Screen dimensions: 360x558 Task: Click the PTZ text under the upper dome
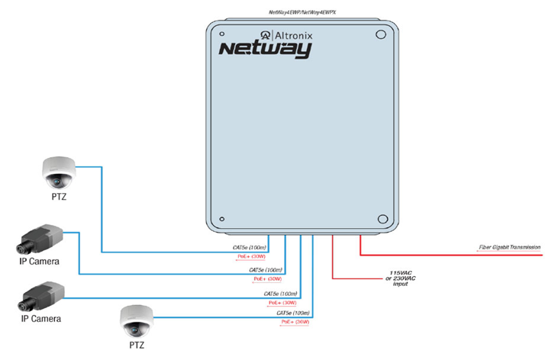(58, 197)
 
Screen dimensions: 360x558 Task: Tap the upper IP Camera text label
(40, 262)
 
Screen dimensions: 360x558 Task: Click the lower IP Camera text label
(40, 318)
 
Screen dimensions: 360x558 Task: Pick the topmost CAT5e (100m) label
(250, 248)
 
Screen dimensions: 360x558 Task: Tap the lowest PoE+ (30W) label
(295, 322)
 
